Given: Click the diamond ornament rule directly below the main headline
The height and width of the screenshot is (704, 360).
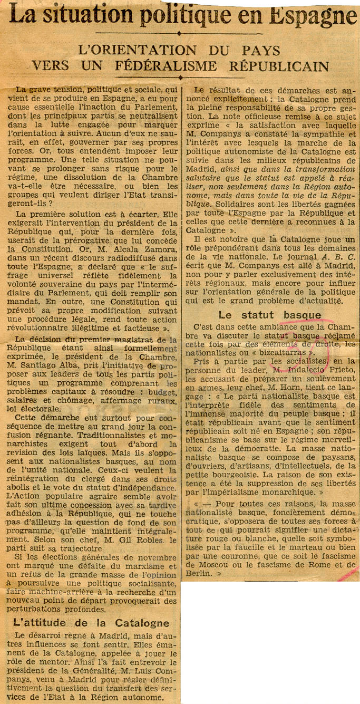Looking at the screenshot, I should pos(179,33).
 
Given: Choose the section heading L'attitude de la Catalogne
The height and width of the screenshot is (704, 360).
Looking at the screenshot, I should pos(91,623).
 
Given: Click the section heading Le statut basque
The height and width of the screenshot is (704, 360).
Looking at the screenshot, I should pos(270,315).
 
